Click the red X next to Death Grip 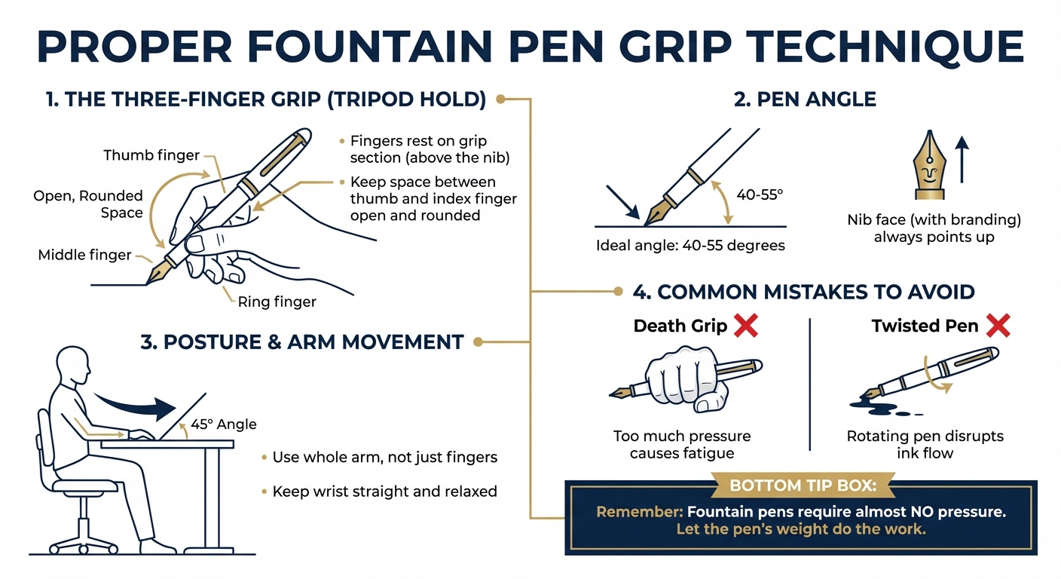point(745,326)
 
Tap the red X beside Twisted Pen point(997,326)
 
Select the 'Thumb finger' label point(151,155)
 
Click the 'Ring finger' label point(277,302)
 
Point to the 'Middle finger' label point(84,256)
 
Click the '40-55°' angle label point(760,194)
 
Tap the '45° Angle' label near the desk point(224,424)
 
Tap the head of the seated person point(74,362)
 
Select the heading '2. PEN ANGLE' point(805,100)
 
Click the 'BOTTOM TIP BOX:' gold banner point(800,485)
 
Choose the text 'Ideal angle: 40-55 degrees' point(690,245)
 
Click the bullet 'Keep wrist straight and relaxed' point(384,492)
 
